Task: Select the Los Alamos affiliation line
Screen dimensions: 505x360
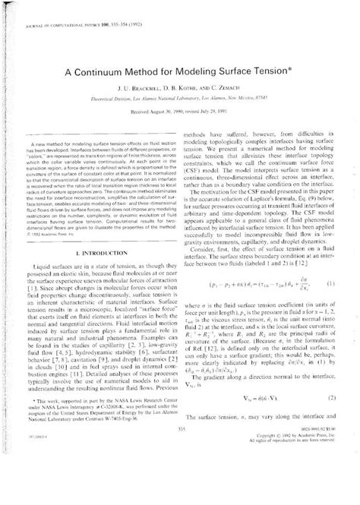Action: click(x=180, y=102)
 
